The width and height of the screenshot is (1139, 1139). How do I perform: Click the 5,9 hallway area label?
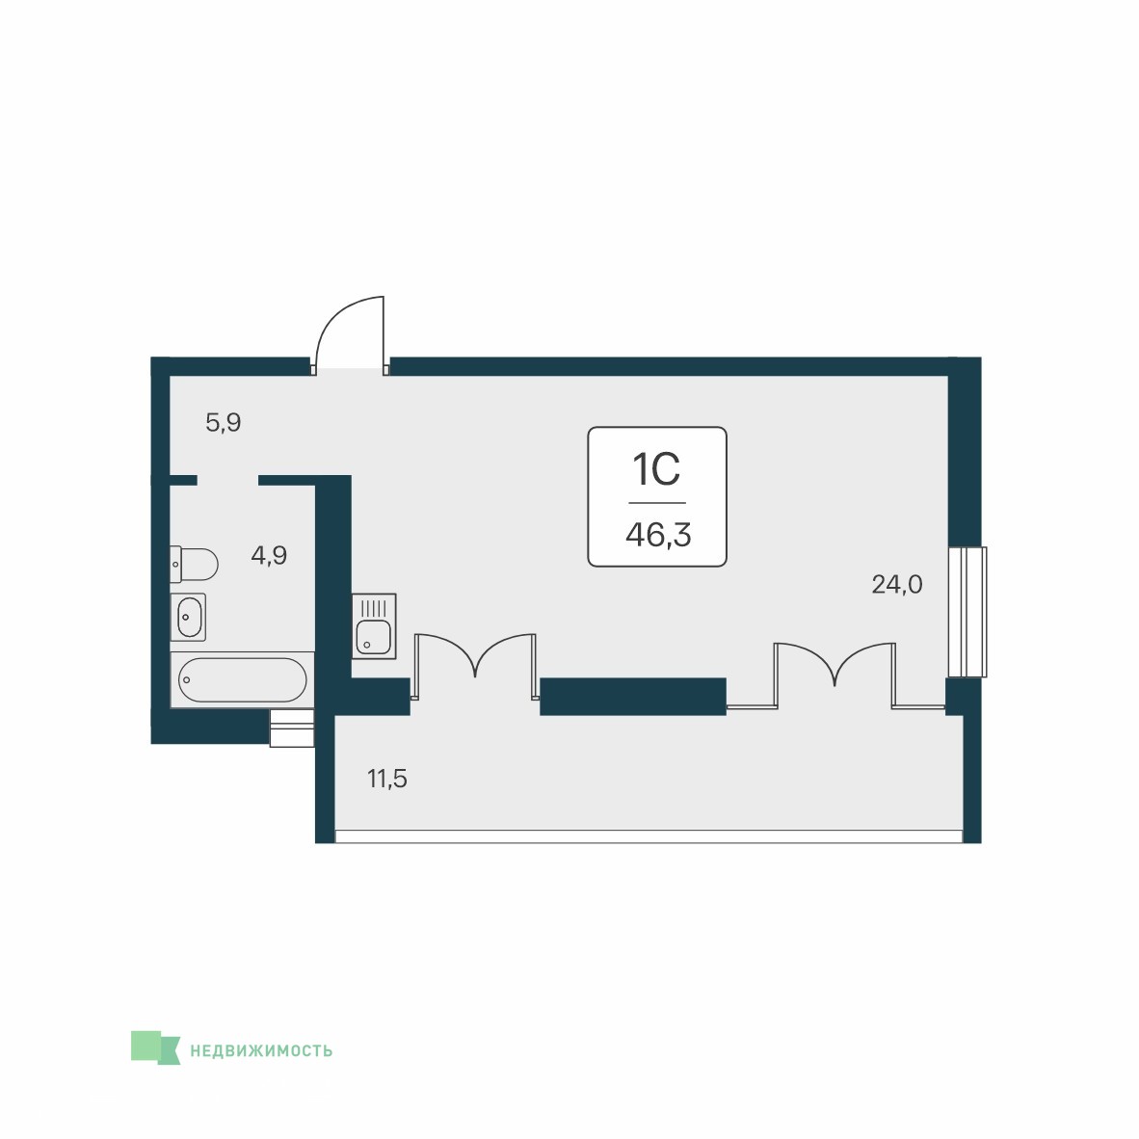pos(223,422)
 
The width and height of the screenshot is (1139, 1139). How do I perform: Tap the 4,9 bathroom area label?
pos(269,556)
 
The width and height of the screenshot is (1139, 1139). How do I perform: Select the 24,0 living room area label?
pos(897,584)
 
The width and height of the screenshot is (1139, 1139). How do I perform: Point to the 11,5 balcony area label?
pos(387,779)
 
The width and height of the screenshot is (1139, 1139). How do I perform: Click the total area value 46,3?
pos(658,536)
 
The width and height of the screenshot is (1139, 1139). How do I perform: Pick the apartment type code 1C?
pos(656,469)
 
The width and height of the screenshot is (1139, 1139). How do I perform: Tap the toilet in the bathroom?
pos(194,565)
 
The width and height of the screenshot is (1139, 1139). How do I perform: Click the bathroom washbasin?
pos(188,618)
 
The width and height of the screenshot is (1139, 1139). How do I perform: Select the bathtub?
pos(243,680)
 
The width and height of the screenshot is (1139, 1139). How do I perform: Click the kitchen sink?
pos(374,626)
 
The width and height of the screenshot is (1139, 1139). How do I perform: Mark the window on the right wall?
pos(967,612)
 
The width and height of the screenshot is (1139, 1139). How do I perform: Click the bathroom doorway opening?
pos(228,480)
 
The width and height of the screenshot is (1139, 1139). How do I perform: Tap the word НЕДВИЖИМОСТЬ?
pos(261,1050)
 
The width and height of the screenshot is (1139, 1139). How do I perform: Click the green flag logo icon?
pos(155,1047)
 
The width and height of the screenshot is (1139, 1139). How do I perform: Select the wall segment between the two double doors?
pos(633,697)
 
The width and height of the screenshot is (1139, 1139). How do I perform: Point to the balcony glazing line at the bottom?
pos(649,836)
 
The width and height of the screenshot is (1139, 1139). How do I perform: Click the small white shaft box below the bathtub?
pos(292,728)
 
